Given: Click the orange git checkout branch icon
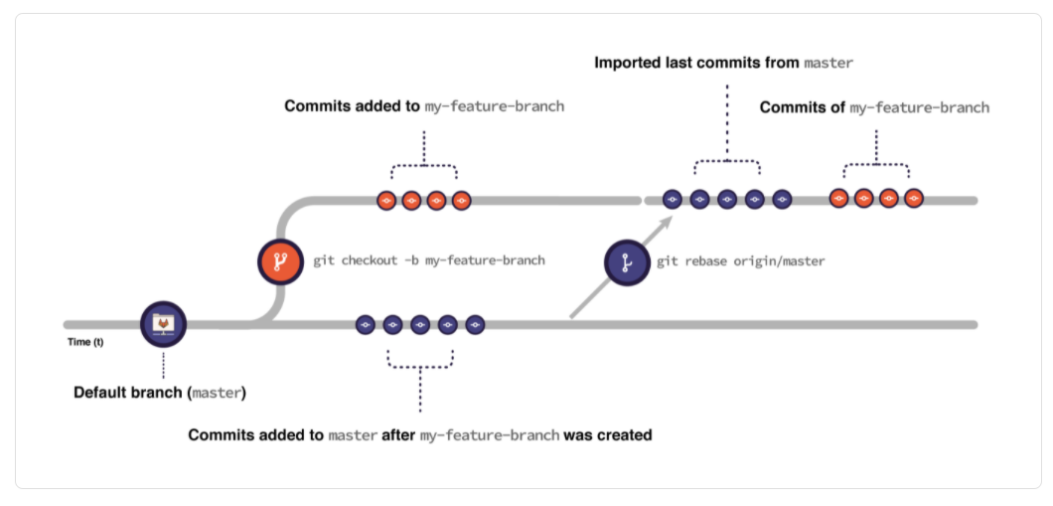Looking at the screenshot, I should [x=280, y=262].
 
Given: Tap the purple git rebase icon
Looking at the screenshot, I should [x=628, y=262].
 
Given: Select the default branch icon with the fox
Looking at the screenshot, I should [x=162, y=323].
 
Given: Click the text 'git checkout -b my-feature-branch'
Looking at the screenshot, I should [x=428, y=261].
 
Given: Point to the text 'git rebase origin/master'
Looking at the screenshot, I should [x=741, y=261].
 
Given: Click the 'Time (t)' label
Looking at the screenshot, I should [x=84, y=343].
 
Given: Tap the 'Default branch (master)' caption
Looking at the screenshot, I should [x=160, y=393].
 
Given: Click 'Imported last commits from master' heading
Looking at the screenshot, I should [x=723, y=63].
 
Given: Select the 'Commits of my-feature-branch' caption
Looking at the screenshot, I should [x=874, y=107].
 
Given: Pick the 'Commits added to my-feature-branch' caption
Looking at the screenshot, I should [x=424, y=105].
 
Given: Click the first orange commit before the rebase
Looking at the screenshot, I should [x=386, y=201].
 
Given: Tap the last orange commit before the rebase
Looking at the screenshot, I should [x=461, y=201].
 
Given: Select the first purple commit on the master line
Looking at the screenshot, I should [x=365, y=324].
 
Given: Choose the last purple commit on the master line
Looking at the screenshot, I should [x=475, y=324].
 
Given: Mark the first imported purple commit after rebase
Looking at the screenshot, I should [x=672, y=200].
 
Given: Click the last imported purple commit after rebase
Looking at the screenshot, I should [x=782, y=200].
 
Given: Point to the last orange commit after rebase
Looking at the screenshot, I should [x=914, y=199].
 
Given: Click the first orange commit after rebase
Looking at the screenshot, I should [x=838, y=199].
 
